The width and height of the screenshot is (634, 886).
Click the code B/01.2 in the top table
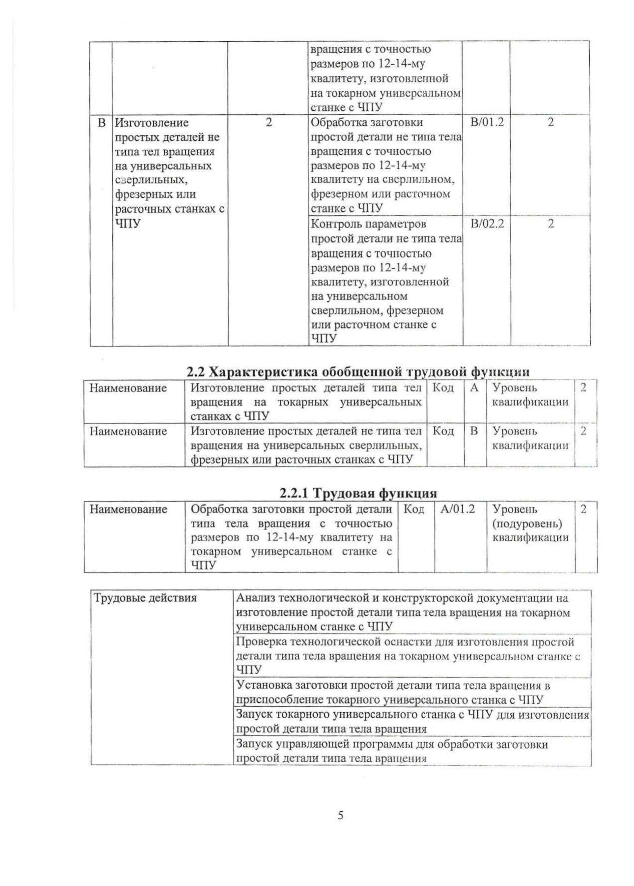tap(487, 122)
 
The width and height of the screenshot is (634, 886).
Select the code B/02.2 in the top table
tap(487, 224)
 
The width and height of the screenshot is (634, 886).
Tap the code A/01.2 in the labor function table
tap(457, 509)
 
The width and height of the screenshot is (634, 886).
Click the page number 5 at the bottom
tap(341, 816)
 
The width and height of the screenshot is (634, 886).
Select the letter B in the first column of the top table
tap(102, 123)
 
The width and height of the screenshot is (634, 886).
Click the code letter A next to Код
tap(475, 388)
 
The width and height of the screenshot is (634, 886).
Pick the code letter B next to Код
tap(475, 431)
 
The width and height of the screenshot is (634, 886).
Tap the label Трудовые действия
tap(145, 598)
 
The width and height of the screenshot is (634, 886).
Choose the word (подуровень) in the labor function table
tap(527, 524)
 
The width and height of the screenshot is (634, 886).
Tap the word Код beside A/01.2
tap(414, 509)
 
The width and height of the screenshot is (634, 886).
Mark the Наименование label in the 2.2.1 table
tap(128, 509)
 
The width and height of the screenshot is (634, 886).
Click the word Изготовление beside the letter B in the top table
tap(152, 123)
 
